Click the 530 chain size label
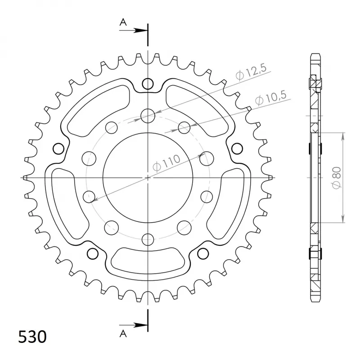point(32,337)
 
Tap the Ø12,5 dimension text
point(251,72)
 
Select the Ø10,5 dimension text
point(271,98)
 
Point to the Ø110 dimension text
point(166,163)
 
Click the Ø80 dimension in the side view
point(337,178)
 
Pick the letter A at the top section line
point(123,22)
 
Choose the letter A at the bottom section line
point(123,333)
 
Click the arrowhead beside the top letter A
point(140,30)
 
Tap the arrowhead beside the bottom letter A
point(140,325)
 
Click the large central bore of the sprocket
point(148,178)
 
